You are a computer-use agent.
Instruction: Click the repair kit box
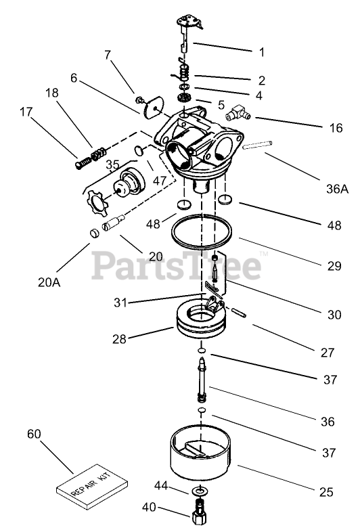pyautogui.click(x=92, y=487)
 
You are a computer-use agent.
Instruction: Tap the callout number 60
pyautogui.click(x=34, y=434)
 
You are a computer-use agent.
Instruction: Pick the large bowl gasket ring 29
pyautogui.click(x=202, y=231)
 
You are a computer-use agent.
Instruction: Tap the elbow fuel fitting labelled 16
pyautogui.click(x=238, y=113)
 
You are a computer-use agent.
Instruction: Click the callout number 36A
pyautogui.click(x=337, y=189)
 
